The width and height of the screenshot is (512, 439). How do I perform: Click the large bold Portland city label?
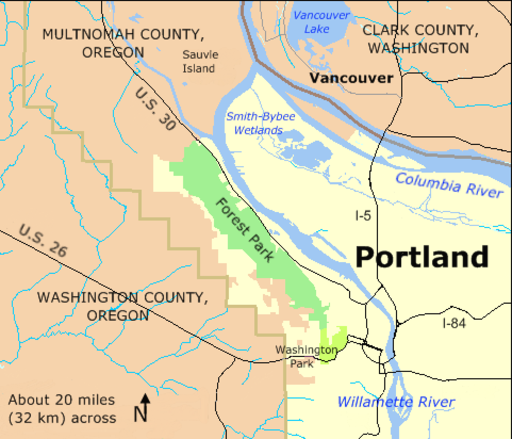422,257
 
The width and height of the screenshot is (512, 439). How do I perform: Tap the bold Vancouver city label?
351,78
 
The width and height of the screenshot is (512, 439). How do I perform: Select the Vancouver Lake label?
321,22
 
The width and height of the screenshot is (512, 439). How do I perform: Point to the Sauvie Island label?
200,61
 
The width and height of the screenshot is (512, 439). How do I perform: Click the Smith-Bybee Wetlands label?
260,123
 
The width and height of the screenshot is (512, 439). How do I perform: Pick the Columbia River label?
448,185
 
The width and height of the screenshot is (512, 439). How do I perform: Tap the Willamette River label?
396,402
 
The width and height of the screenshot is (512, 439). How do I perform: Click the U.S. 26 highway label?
43,241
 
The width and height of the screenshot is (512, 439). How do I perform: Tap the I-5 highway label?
363,216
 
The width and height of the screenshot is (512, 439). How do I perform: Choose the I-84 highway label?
454,324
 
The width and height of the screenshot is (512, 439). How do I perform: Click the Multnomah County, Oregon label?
122,43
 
